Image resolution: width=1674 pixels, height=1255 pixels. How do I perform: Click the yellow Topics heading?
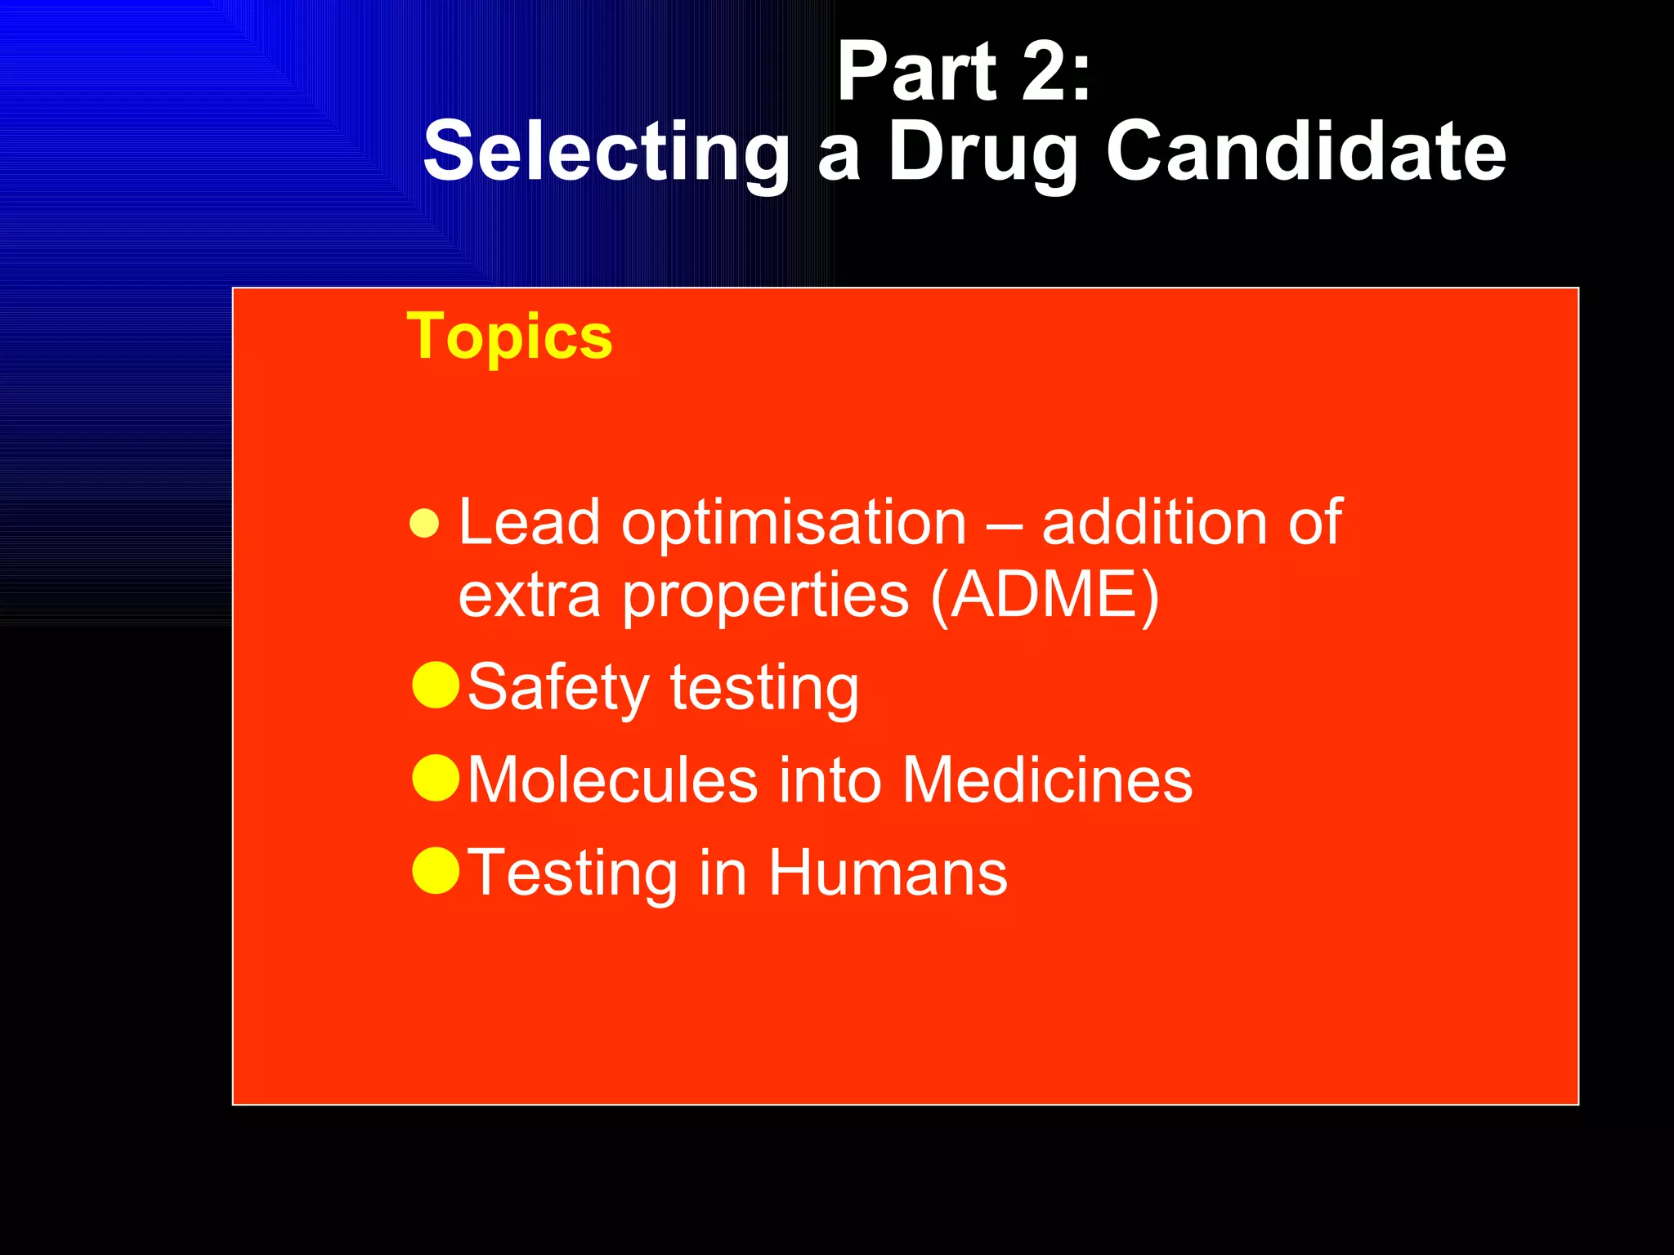pyautogui.click(x=509, y=337)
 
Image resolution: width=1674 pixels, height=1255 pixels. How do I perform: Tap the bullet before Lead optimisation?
pyautogui.click(x=425, y=524)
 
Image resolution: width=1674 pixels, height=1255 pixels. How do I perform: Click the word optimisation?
pyautogui.click(x=794, y=524)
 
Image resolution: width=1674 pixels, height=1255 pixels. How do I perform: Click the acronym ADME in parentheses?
pyautogui.click(x=1045, y=595)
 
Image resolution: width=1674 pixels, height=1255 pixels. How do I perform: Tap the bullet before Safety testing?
pyautogui.click(x=436, y=685)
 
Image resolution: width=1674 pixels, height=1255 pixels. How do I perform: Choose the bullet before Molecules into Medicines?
pyautogui.click(x=436, y=777)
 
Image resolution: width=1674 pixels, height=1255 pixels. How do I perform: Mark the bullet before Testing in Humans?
pyautogui.click(x=436, y=870)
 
